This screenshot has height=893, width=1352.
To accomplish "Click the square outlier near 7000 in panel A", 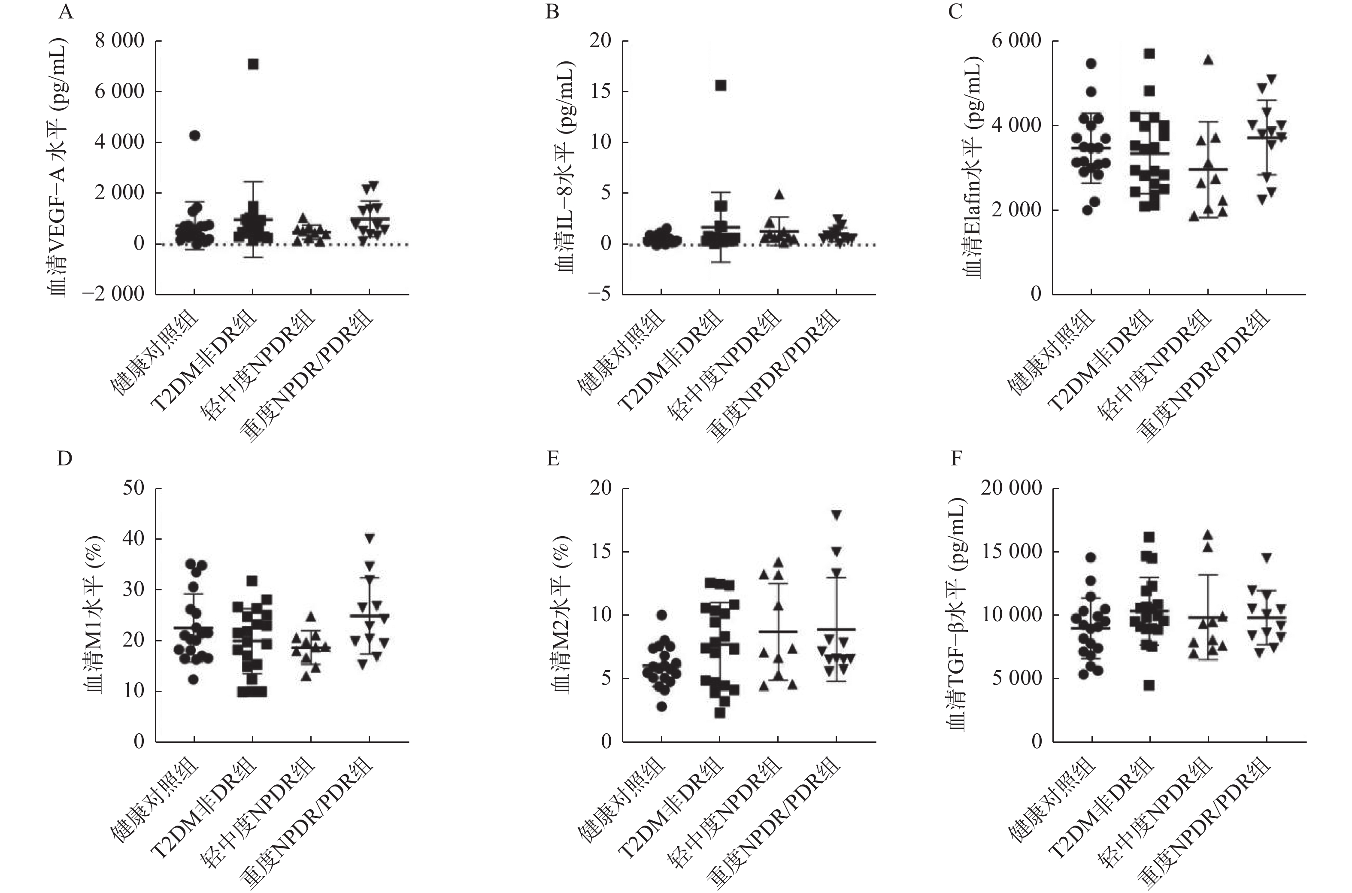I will (253, 64).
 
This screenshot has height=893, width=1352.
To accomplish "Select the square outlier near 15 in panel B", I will (721, 85).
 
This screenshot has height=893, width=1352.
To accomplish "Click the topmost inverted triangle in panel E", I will (836, 515).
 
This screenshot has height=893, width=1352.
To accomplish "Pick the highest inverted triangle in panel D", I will (370, 538).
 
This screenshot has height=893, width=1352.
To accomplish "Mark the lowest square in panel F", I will (1149, 686).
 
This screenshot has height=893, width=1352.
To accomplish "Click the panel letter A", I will (66, 12).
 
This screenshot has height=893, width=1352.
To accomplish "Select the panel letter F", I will (956, 459).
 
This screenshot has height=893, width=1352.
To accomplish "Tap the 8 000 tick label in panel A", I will (120, 42).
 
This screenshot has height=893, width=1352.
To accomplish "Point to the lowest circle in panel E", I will (661, 707).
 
